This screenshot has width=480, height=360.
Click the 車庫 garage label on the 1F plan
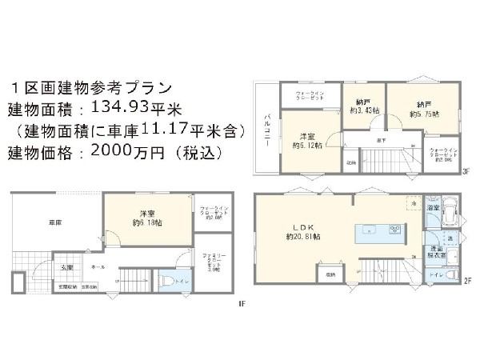55,222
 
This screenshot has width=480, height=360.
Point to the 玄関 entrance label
67,267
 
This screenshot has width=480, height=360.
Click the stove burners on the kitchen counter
394,230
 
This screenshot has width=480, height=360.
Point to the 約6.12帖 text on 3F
307,146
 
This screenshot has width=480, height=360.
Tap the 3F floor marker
465,169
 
